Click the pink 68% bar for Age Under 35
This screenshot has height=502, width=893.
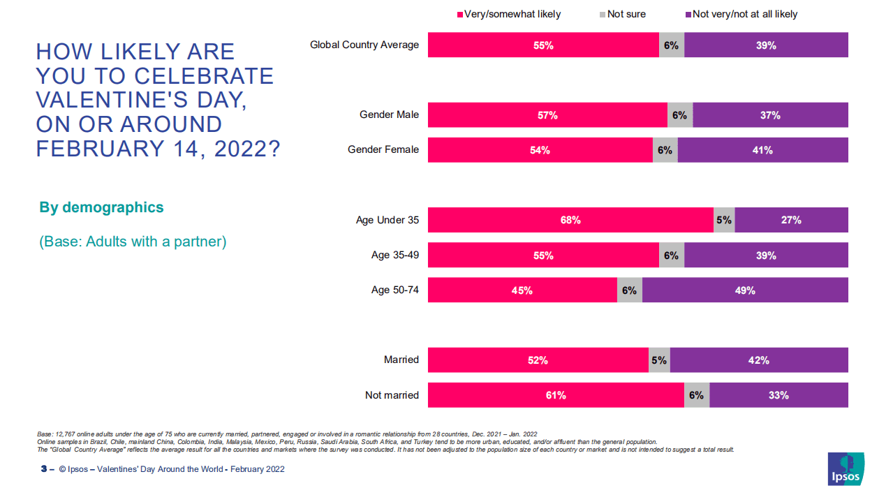click(x=570, y=220)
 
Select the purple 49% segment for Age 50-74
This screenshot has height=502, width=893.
click(x=745, y=290)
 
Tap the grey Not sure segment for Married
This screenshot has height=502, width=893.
click(x=659, y=360)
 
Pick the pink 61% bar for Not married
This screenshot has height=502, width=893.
click(x=556, y=395)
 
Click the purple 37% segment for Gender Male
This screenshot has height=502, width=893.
click(x=770, y=115)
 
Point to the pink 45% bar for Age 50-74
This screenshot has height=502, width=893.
click(x=522, y=290)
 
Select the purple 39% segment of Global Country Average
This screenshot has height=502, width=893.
click(x=766, y=45)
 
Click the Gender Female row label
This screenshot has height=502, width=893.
click(x=383, y=149)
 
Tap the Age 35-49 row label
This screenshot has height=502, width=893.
click(x=395, y=255)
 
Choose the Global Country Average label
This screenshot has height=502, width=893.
click(x=364, y=45)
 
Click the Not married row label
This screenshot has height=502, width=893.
click(x=392, y=395)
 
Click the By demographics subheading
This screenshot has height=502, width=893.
click(x=101, y=207)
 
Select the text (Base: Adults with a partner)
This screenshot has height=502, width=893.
click(x=133, y=242)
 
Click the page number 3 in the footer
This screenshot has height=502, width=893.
click(x=43, y=469)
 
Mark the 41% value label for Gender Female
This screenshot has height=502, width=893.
click(x=762, y=150)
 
